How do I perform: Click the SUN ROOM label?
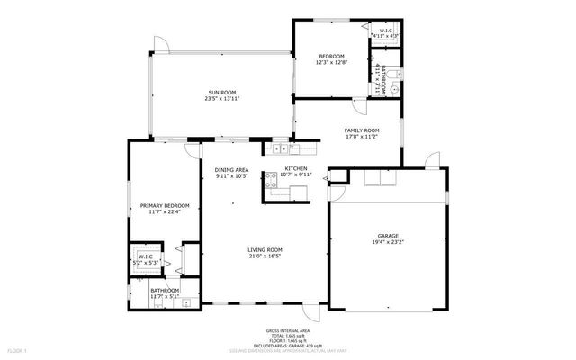(x=222, y=92)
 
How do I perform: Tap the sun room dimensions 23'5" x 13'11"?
(x=222, y=99)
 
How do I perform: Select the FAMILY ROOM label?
(x=362, y=130)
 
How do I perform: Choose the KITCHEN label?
(x=296, y=168)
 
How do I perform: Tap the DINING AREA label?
(x=232, y=169)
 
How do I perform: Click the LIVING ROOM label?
(x=265, y=249)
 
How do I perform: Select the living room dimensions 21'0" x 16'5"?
(x=265, y=256)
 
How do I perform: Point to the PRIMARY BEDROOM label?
(x=164, y=205)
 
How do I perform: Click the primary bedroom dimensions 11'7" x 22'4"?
(x=164, y=212)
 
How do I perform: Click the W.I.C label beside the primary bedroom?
(x=145, y=256)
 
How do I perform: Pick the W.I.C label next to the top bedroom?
(x=385, y=31)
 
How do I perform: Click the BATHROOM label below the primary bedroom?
(x=165, y=290)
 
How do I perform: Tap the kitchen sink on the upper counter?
(x=279, y=148)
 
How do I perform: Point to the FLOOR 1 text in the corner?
(x=18, y=349)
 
